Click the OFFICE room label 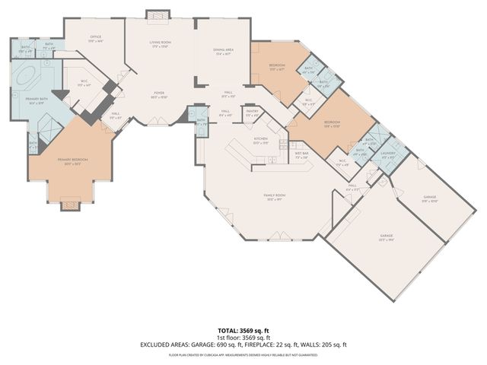tap(95, 38)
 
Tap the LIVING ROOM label tap(159, 44)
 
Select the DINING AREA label tap(223, 52)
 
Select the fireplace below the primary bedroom tap(69, 205)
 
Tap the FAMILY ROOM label tap(272, 197)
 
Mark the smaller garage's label tap(430, 198)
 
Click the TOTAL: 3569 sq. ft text tap(243, 331)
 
